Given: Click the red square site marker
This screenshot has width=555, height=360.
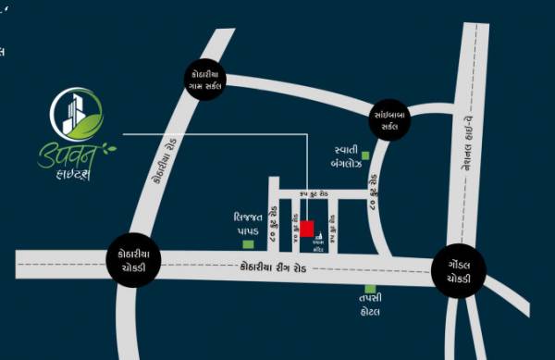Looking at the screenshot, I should pos(306,229).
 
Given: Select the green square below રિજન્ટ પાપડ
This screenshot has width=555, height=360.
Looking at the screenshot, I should pos(248,244).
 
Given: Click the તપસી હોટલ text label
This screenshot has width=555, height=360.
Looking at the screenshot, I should pos(371,306).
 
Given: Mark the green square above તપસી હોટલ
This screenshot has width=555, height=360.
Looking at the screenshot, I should pos(370,289).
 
